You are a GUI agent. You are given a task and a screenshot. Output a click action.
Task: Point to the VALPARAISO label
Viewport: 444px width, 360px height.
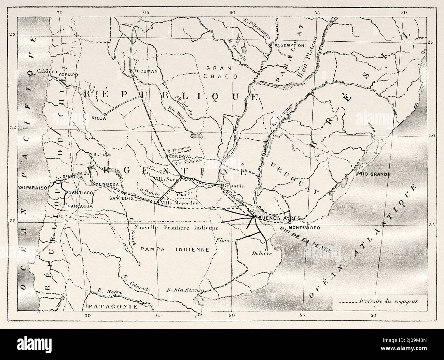pyautogui.click(x=33, y=188)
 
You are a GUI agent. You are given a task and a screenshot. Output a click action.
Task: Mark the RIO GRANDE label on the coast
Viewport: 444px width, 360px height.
pyautogui.click(x=375, y=174)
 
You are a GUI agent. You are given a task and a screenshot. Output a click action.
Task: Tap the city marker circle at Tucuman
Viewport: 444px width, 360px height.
pyautogui.click(x=130, y=71)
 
